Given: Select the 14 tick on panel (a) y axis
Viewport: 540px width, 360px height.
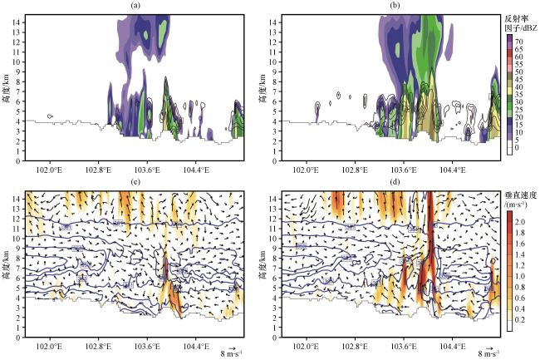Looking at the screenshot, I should tap(20, 21).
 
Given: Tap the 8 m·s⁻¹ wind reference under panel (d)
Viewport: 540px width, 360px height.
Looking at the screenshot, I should tap(488, 353).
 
